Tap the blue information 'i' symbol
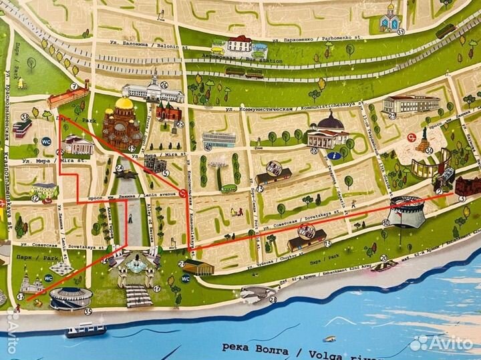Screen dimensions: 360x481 (332, 156)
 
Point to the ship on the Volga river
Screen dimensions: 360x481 (86, 329)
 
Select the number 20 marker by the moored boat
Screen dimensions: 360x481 (383, 258)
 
